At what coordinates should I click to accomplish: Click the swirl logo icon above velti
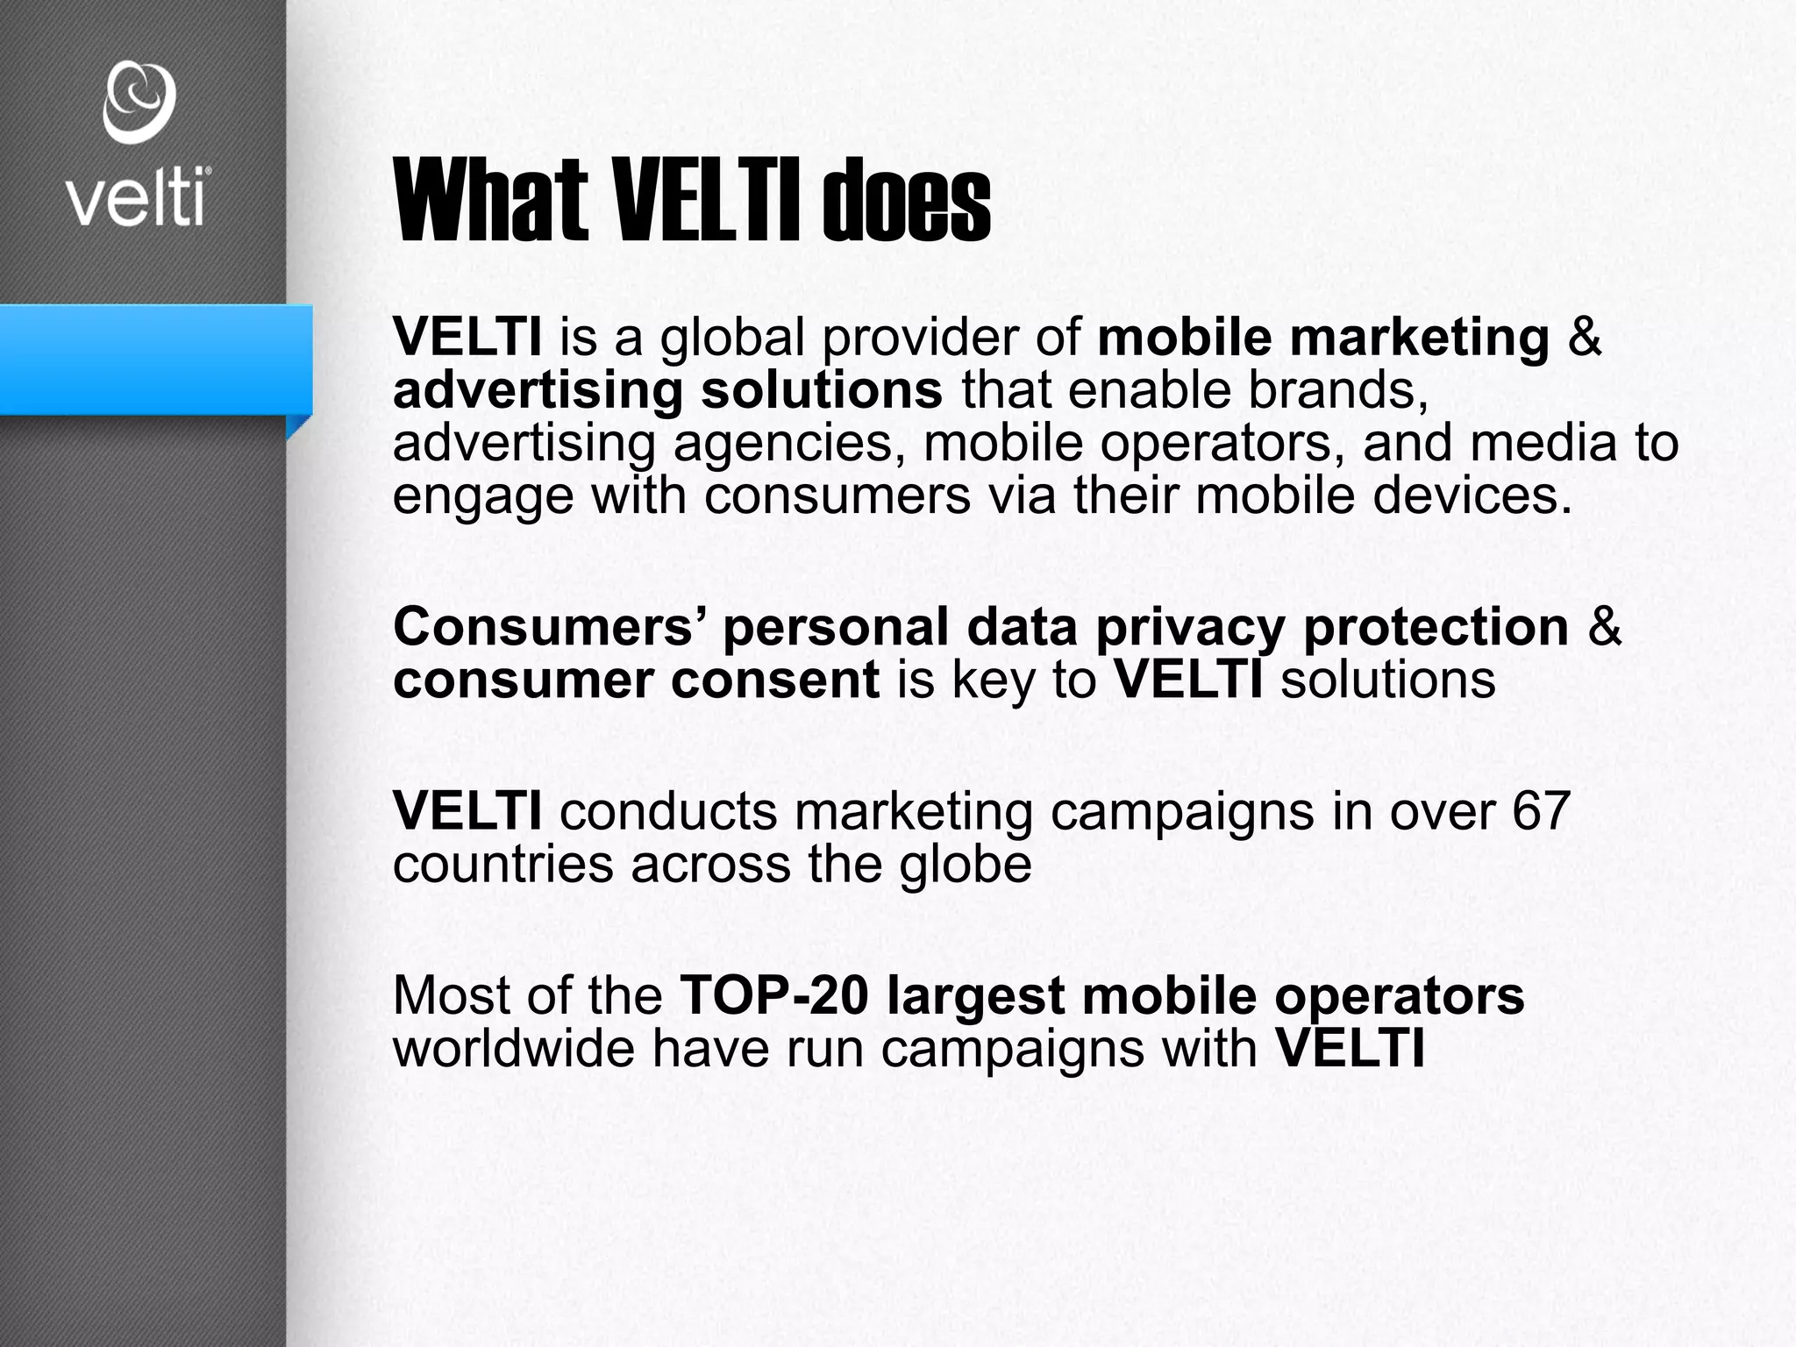tap(139, 102)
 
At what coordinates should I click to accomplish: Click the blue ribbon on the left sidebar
tap(156, 360)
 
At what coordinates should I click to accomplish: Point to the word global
tap(731, 338)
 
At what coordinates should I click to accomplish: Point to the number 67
tap(1540, 811)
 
